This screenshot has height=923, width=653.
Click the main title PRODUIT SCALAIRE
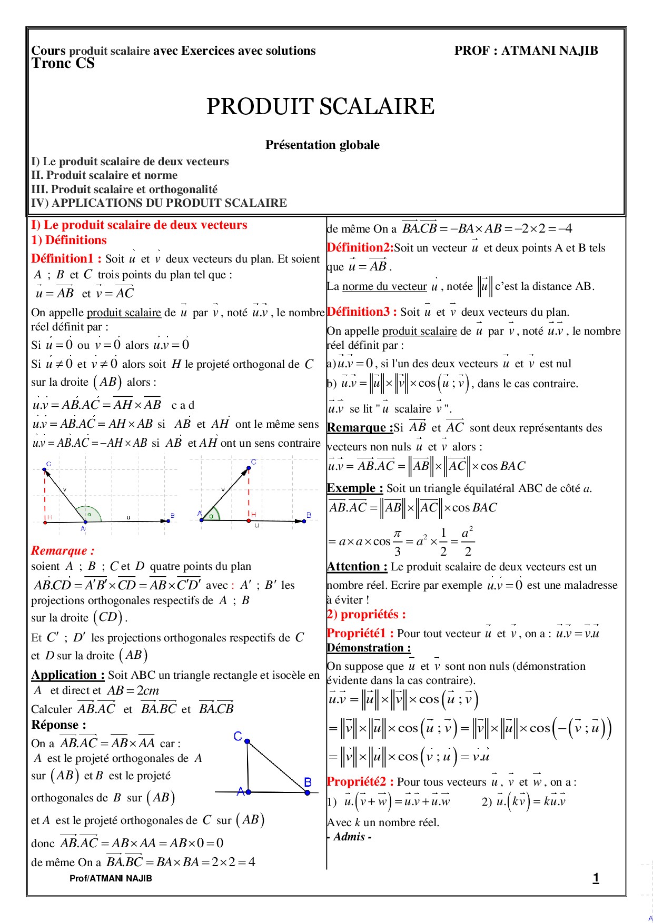click(x=320, y=107)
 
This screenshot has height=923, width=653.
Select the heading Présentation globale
click(x=322, y=145)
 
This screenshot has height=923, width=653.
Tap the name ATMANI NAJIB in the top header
click(x=550, y=51)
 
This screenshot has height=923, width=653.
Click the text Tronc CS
click(x=63, y=64)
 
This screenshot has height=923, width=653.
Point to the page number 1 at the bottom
click(x=596, y=878)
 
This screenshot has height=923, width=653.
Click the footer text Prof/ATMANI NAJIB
click(x=111, y=878)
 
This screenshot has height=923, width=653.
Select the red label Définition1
click(x=66, y=258)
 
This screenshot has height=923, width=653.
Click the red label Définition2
click(x=360, y=247)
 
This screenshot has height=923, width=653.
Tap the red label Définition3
click(x=361, y=312)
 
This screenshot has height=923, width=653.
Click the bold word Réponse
click(x=58, y=725)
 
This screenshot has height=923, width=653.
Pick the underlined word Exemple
click(x=354, y=488)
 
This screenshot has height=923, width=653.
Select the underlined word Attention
click(x=357, y=566)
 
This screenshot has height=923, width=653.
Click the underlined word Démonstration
click(x=368, y=648)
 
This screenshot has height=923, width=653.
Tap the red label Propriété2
click(x=360, y=781)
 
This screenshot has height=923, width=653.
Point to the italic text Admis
click(x=352, y=837)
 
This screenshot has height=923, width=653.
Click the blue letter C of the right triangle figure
click(x=238, y=736)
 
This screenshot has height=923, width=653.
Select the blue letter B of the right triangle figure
click(x=308, y=782)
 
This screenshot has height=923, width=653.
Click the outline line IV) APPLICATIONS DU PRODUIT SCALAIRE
click(x=159, y=203)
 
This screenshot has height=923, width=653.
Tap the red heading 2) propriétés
click(x=366, y=614)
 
